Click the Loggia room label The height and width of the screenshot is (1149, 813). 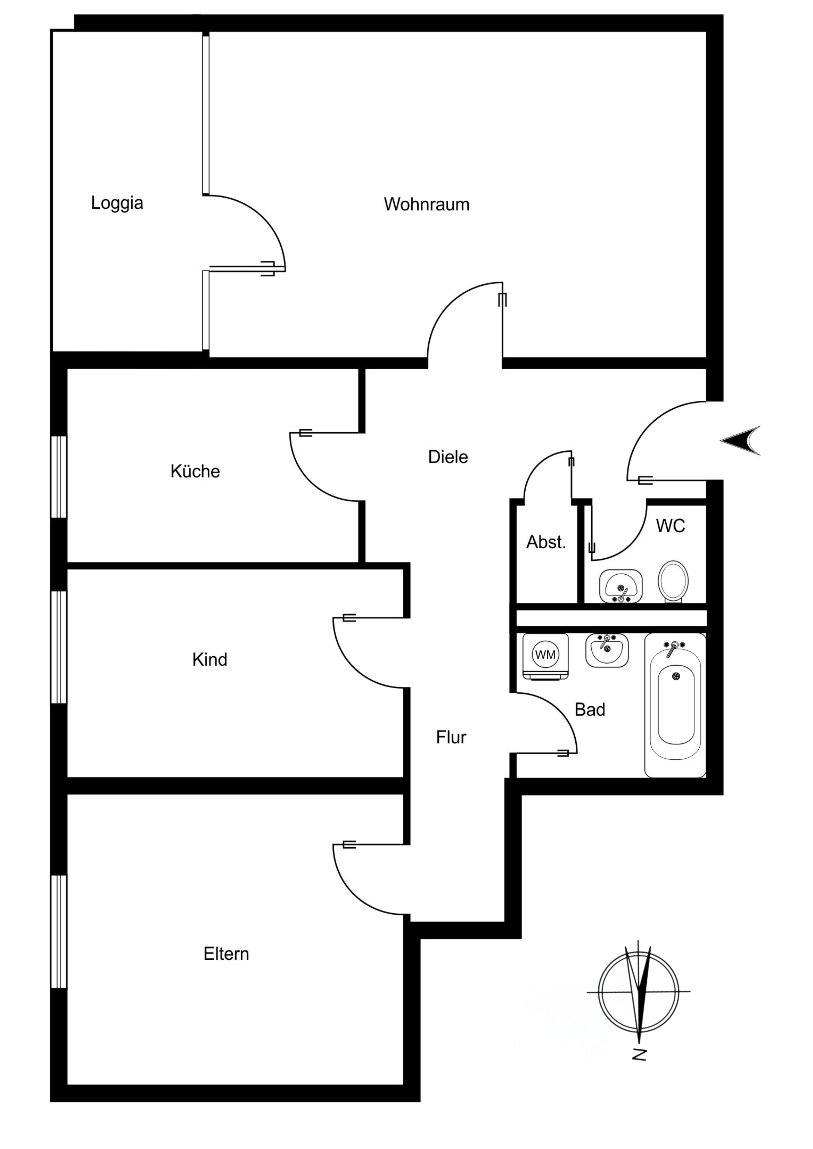coord(117,203)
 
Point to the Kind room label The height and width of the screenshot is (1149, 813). coord(210,660)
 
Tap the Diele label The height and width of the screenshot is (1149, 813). coord(448,457)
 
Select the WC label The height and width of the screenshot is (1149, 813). coord(670,526)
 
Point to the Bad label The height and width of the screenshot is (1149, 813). coord(590,710)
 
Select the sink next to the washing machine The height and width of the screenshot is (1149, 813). coord(607,650)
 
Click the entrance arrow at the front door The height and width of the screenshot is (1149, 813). coord(741,440)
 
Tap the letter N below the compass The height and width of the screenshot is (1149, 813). coord(639,1054)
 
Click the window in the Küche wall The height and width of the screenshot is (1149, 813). coord(59,477)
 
